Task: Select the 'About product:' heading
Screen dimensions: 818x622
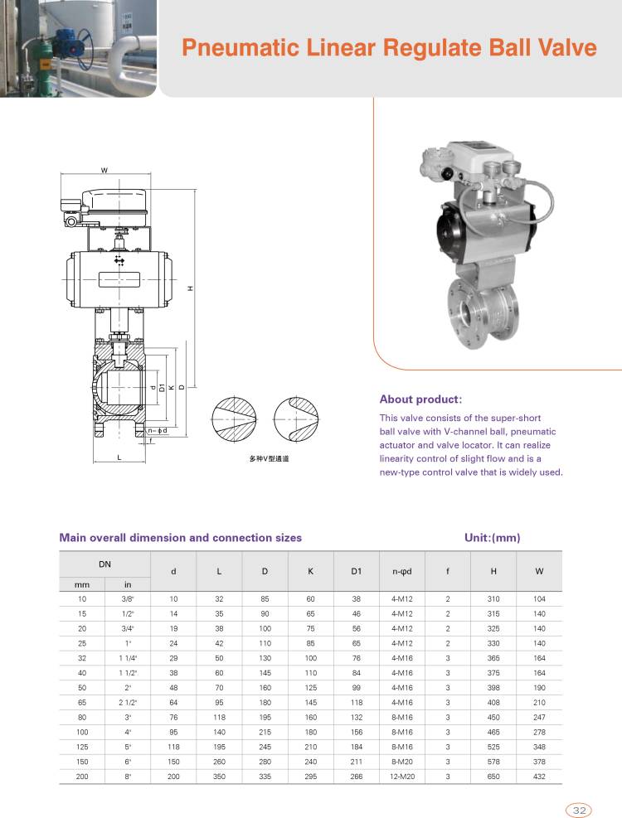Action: (420, 399)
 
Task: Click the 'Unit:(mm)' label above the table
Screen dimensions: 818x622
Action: (492, 537)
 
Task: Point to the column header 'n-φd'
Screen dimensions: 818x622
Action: (402, 570)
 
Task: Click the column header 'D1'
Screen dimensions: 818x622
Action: (356, 570)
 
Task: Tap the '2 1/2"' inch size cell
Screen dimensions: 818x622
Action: (127, 701)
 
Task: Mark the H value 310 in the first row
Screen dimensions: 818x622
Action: (493, 598)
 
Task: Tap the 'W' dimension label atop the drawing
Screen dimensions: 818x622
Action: (104, 171)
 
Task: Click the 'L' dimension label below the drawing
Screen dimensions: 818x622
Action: (119, 457)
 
